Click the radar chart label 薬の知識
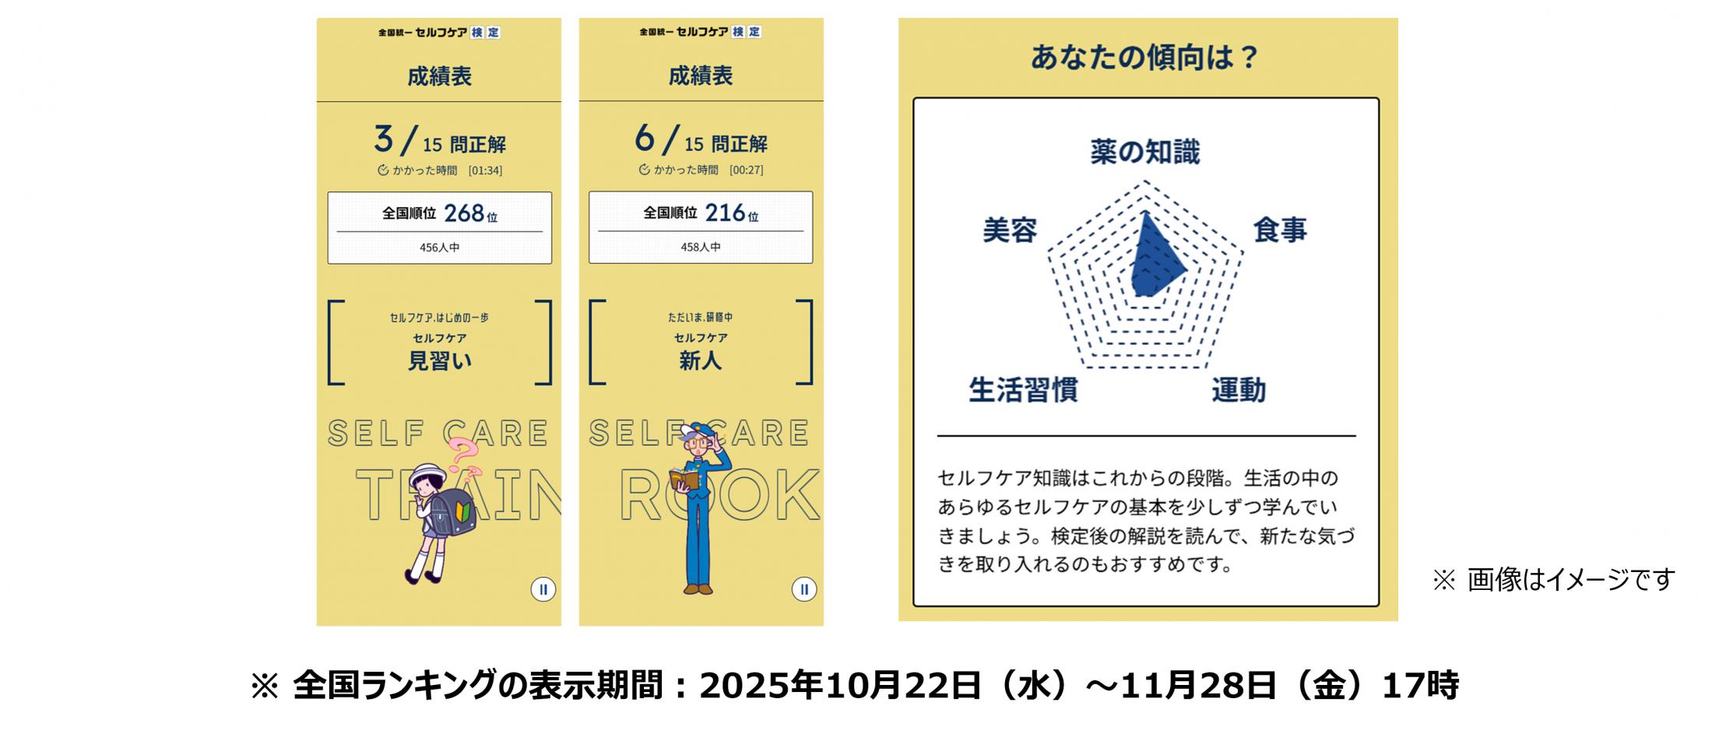click(x=1144, y=152)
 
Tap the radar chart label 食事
click(x=1280, y=230)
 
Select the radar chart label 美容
click(x=1010, y=230)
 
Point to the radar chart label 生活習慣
click(x=1023, y=389)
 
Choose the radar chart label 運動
click(x=1239, y=389)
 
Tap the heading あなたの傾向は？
click(x=1144, y=57)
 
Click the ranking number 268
click(x=464, y=212)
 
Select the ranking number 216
click(x=726, y=212)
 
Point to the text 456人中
click(x=439, y=248)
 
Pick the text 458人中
click(x=701, y=247)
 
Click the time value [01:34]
click(x=485, y=170)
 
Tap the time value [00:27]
click(x=746, y=170)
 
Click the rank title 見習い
click(x=440, y=361)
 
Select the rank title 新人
click(x=701, y=360)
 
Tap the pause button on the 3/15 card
click(x=543, y=589)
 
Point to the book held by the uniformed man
click(x=684, y=479)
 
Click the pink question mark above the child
click(x=463, y=454)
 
